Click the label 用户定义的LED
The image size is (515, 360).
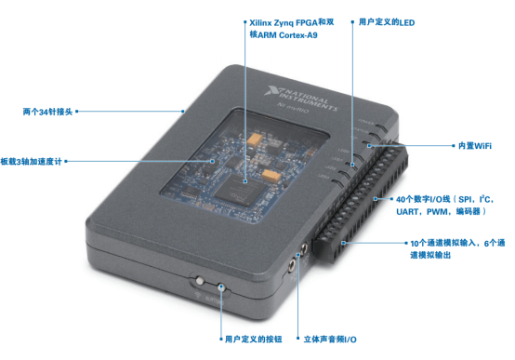point(387,22)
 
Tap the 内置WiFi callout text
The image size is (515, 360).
point(475,146)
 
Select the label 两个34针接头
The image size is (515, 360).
point(47,112)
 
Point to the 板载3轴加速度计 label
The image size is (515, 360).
point(32,162)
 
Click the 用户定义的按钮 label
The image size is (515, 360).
point(253,339)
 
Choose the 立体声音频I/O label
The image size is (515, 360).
point(330,340)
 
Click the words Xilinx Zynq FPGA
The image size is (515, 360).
point(284,22)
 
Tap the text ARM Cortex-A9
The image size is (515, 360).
point(287,34)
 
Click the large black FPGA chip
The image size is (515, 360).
point(240,191)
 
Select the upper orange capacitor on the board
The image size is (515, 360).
point(254,139)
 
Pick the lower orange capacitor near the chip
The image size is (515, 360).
point(271,176)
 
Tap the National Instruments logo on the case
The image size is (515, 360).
point(301,99)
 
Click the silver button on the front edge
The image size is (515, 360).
point(199,280)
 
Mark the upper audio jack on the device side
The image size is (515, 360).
point(305,247)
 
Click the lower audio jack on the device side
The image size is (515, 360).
point(291,265)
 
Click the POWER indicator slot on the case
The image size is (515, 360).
point(382,127)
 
